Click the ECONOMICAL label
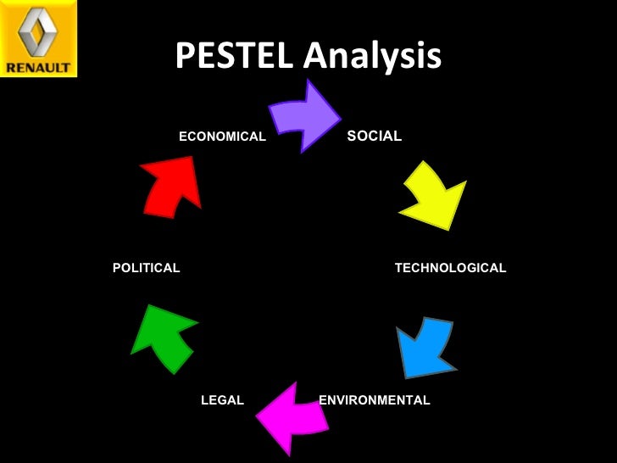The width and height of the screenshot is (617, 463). (222, 137)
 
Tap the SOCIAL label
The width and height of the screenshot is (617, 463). (374, 136)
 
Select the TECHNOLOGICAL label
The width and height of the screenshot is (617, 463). (450, 268)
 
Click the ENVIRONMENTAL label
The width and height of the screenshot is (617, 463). (374, 400)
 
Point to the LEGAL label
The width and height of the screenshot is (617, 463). (222, 400)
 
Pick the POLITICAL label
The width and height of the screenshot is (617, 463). (146, 268)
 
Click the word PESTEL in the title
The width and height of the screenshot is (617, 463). (235, 57)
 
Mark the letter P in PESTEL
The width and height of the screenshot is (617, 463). (185, 57)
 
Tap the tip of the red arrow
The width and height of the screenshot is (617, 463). (192, 157)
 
